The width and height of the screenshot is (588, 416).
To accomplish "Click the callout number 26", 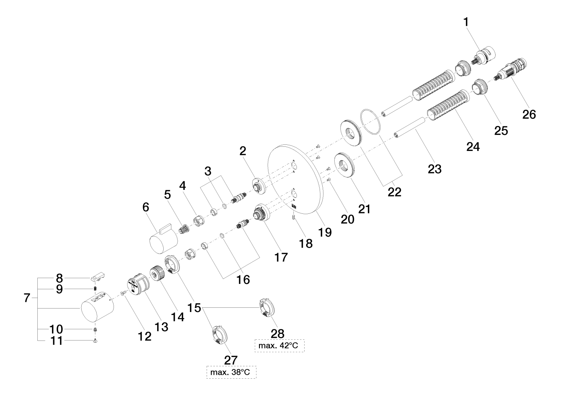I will (x=529, y=114).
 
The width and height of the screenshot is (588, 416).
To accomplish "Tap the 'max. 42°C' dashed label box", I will (x=279, y=346).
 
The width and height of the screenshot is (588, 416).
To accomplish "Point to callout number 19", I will (x=325, y=232).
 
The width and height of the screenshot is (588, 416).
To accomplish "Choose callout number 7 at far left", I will (x=27, y=298).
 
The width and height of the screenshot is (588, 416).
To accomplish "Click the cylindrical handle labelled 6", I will (x=164, y=241).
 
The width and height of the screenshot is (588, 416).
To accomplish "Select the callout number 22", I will (x=394, y=191).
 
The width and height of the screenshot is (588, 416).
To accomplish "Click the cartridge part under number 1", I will (x=483, y=56).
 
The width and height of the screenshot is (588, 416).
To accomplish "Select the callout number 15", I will (x=194, y=308).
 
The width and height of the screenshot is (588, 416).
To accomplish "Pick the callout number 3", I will (x=208, y=170).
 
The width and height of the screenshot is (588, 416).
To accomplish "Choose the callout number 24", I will (x=473, y=146).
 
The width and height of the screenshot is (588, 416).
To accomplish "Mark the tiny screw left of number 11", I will (x=94, y=341).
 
